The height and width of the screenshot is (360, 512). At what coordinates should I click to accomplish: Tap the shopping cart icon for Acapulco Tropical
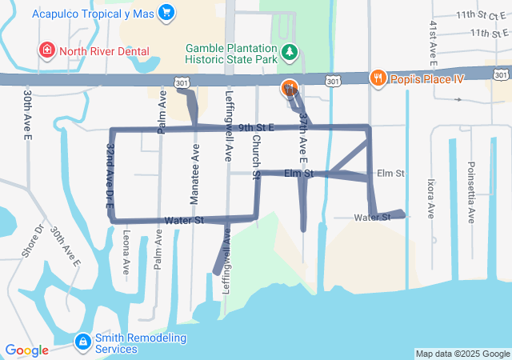166,12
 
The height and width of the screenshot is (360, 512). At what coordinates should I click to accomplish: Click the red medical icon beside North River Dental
47,51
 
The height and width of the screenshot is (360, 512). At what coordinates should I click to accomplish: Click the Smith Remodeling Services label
140,343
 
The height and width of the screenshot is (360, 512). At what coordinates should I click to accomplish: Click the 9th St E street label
256,127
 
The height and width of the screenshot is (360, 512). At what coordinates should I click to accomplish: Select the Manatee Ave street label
195,166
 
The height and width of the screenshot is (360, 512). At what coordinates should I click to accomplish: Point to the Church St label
256,156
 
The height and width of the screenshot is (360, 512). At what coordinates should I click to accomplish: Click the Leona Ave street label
126,253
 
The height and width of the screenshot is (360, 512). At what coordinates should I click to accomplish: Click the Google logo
26,350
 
